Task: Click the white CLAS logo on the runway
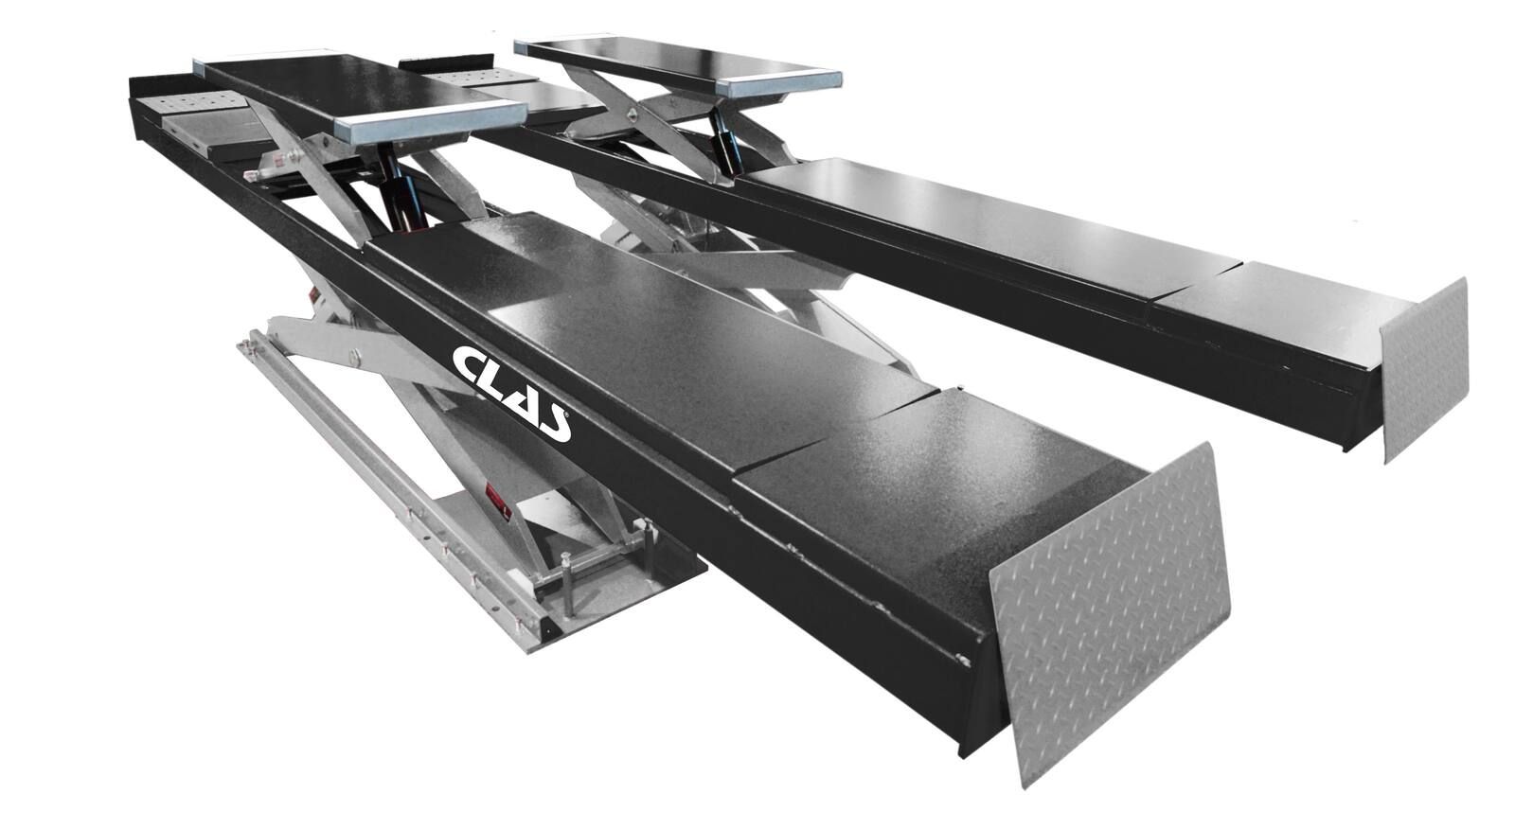[511, 394]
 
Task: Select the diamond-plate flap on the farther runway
[1425, 369]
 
